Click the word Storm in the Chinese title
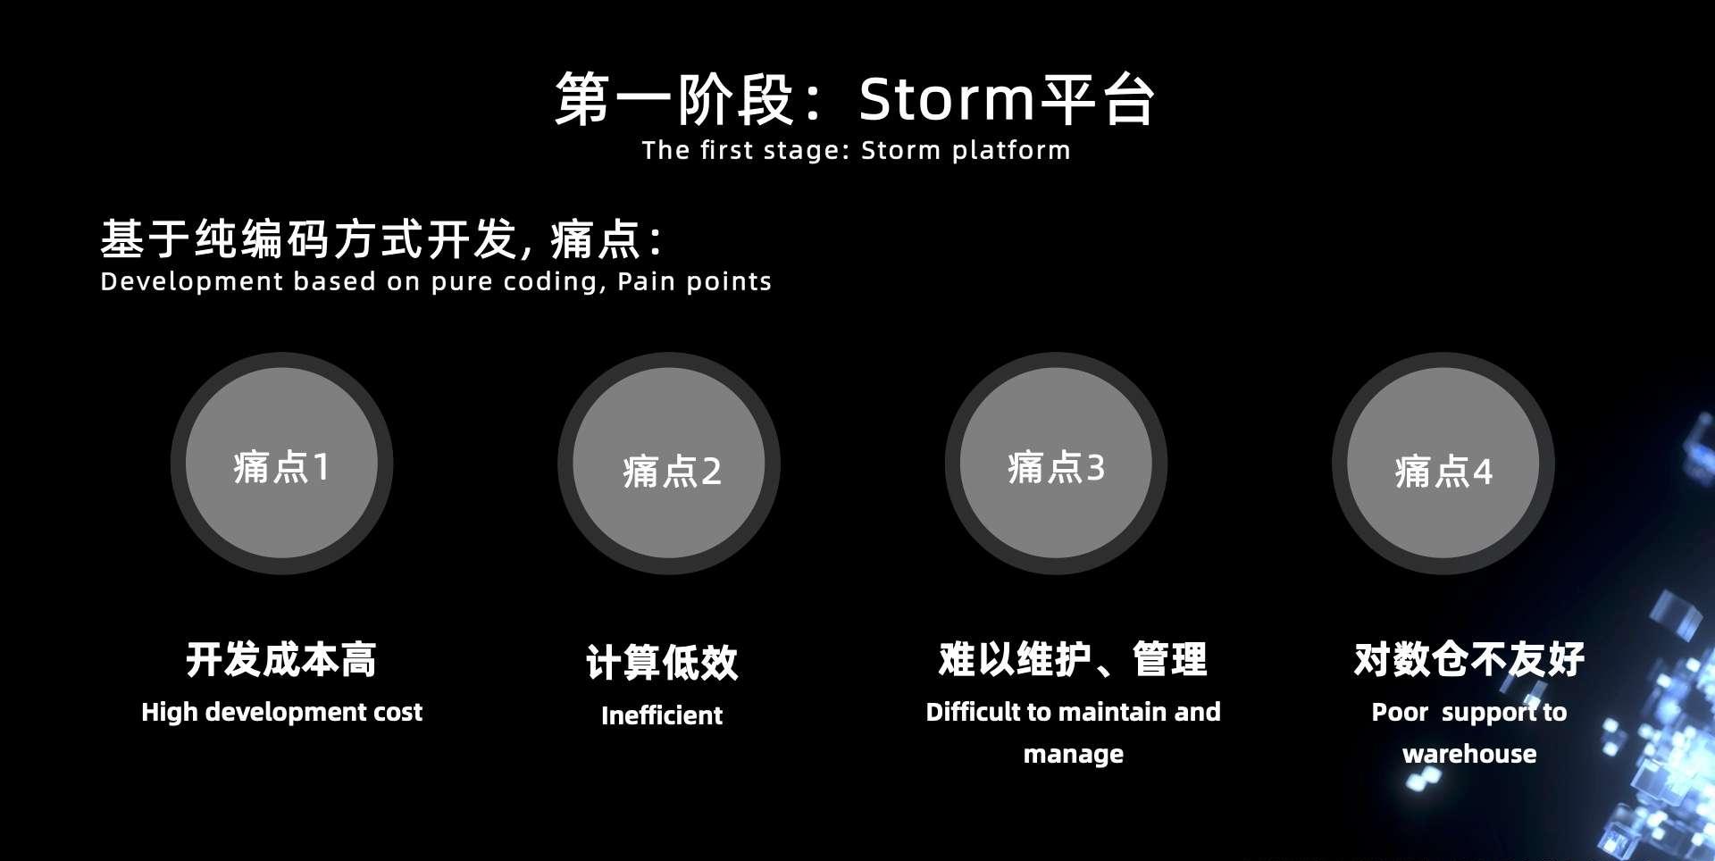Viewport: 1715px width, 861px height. [946, 99]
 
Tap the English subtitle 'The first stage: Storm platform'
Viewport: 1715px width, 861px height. [856, 150]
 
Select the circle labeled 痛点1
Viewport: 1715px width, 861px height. [281, 464]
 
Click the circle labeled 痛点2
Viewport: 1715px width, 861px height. [669, 464]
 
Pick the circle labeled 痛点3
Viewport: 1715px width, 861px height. [1056, 464]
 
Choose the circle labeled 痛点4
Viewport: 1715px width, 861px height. [1443, 464]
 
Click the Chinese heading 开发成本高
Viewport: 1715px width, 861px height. [281, 660]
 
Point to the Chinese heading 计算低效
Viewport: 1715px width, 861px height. [662, 663]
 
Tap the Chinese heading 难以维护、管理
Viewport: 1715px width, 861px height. [1073, 660]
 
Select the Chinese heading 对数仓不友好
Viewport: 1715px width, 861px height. [1469, 660]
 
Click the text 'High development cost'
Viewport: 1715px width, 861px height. [281, 712]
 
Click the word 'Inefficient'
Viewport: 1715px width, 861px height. [662, 715]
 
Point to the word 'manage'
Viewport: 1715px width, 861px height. [1074, 755]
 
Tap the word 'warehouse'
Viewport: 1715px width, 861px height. [1469, 754]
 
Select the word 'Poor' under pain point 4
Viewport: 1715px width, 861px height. [1400, 712]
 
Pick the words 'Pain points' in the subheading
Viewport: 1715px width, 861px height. [694, 282]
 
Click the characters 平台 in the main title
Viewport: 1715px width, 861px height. [1098, 99]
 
